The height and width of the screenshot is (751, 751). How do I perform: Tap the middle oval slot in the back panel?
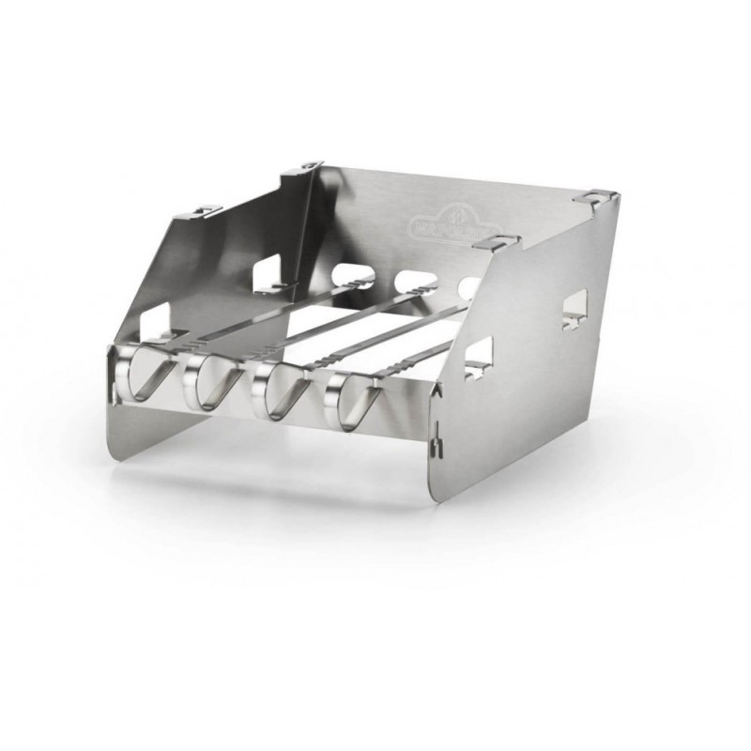(x=411, y=280)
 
